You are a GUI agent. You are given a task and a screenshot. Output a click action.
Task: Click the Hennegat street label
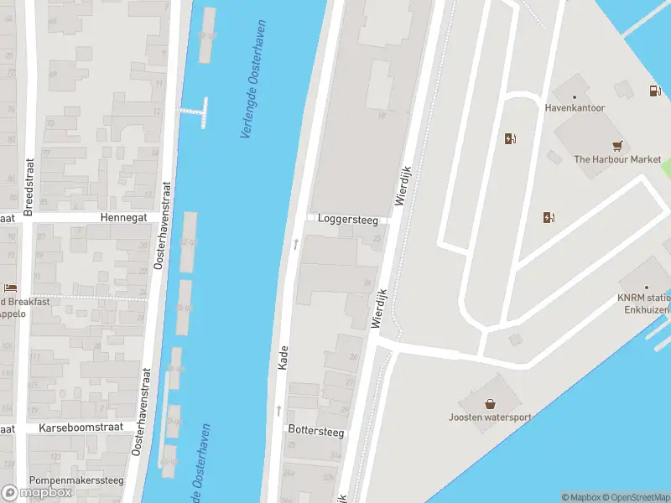pyautogui.click(x=123, y=216)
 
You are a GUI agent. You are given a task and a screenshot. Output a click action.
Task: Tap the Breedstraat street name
pyautogui.click(x=29, y=187)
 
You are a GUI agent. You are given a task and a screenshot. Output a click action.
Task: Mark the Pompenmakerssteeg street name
pyautogui.click(x=76, y=480)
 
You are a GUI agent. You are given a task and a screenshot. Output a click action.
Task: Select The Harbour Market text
pyautogui.click(x=617, y=159)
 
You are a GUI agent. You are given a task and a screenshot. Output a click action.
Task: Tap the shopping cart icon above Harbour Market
pyautogui.click(x=618, y=144)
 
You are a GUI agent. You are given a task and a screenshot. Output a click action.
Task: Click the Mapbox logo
pyautogui.click(x=37, y=492)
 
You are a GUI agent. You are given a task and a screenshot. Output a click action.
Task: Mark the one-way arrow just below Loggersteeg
pyautogui.click(x=295, y=244)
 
